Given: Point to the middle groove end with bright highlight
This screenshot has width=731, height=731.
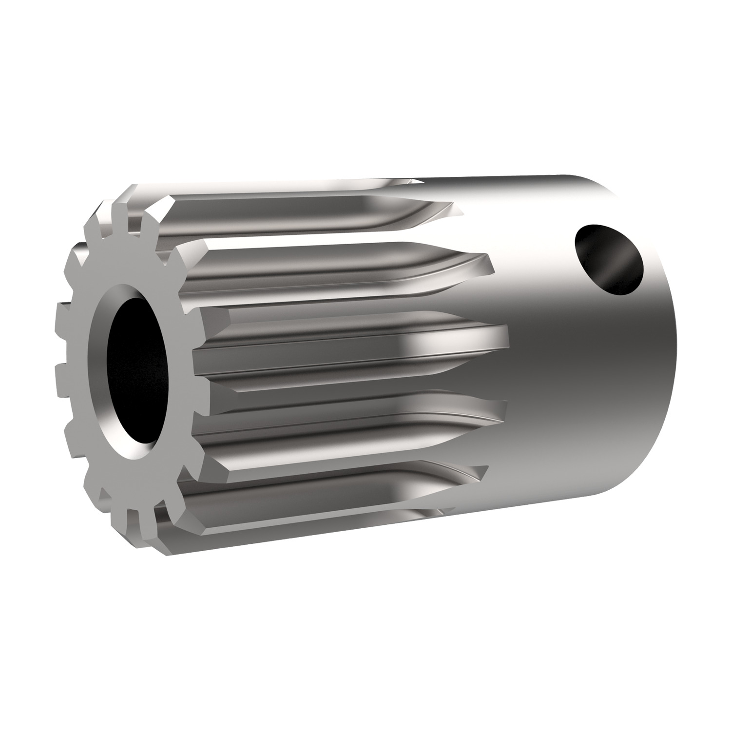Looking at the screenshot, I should click(497, 336).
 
